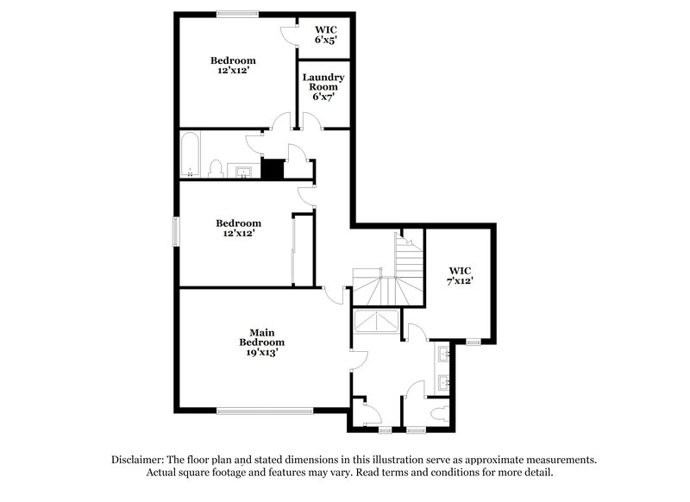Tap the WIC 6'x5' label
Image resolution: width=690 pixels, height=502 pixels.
(324, 34)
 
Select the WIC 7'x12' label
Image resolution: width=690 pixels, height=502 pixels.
(460, 275)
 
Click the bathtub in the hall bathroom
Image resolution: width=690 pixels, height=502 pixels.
(191, 154)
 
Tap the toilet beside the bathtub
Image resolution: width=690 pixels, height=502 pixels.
(216, 168)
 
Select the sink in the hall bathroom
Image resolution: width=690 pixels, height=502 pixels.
(246, 171)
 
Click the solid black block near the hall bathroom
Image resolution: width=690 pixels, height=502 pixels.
(273, 169)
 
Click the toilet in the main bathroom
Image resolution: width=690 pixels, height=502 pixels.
(442, 412)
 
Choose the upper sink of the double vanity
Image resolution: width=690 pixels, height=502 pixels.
(443, 353)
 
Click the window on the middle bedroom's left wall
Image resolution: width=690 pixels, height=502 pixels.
(176, 231)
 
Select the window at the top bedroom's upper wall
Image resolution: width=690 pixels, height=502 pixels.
(237, 13)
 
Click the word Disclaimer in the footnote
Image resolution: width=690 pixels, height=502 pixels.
(138, 460)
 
